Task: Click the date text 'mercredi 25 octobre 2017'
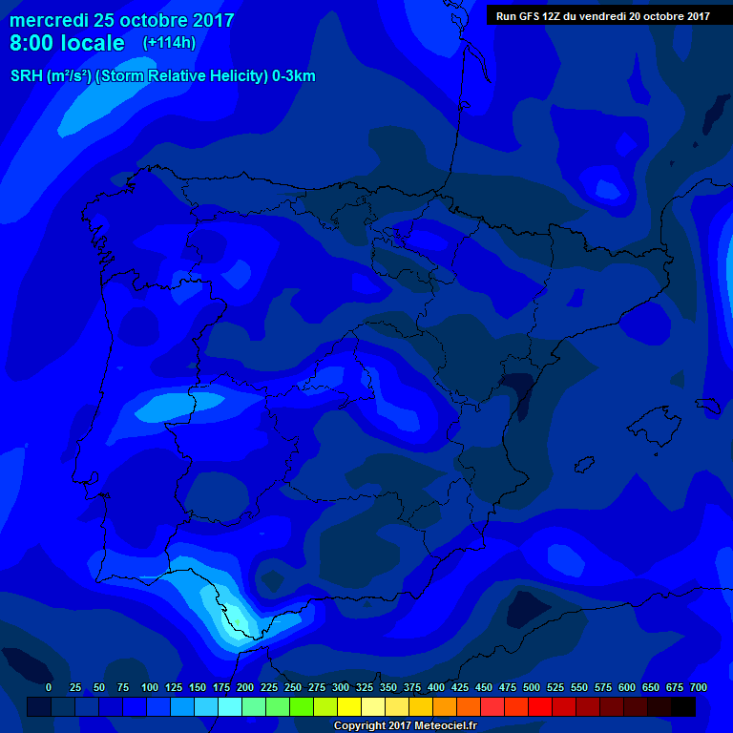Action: [x=121, y=20]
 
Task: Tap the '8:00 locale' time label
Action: [x=67, y=43]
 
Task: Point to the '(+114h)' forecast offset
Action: [x=169, y=43]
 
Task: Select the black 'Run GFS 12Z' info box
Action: [x=602, y=15]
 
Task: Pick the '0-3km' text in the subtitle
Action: [x=293, y=76]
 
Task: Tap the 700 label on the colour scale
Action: [x=698, y=687]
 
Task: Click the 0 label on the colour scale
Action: [x=49, y=687]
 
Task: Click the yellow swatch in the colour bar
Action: [x=349, y=706]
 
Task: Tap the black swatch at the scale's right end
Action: [x=683, y=706]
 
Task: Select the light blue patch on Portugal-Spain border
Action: [x=167, y=408]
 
